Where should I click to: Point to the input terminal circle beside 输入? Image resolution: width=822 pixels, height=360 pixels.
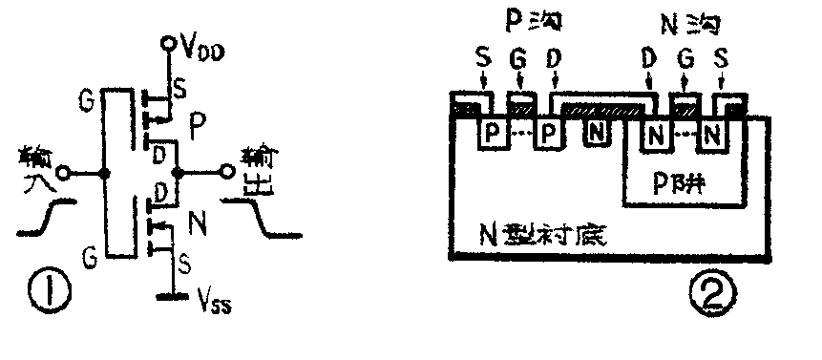pyautogui.click(x=63, y=174)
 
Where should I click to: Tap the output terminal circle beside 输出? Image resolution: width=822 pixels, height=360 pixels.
pyautogui.click(x=227, y=173)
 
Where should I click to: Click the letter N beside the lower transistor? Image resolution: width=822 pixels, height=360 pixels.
pyautogui.click(x=200, y=226)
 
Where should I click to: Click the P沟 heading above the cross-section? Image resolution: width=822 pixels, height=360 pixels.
pyautogui.click(x=524, y=19)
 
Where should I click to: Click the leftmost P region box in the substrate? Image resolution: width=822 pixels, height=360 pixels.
pyautogui.click(x=493, y=133)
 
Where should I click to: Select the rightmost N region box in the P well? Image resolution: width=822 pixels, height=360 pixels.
pyautogui.click(x=710, y=133)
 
